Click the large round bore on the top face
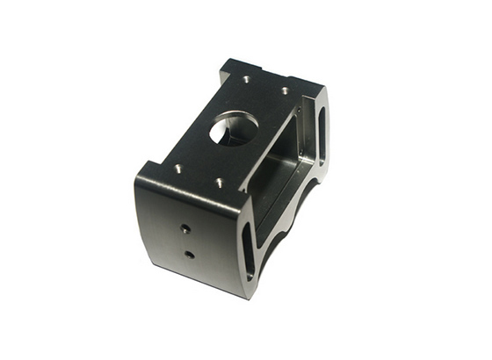[x=233, y=129]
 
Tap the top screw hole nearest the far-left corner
[x=245, y=79]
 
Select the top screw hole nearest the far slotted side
[x=286, y=90]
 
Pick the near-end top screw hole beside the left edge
[x=178, y=168]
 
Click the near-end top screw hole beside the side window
[x=219, y=184]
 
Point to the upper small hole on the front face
[x=185, y=228]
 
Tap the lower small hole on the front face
[x=189, y=255]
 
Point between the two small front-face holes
[x=187, y=241]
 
